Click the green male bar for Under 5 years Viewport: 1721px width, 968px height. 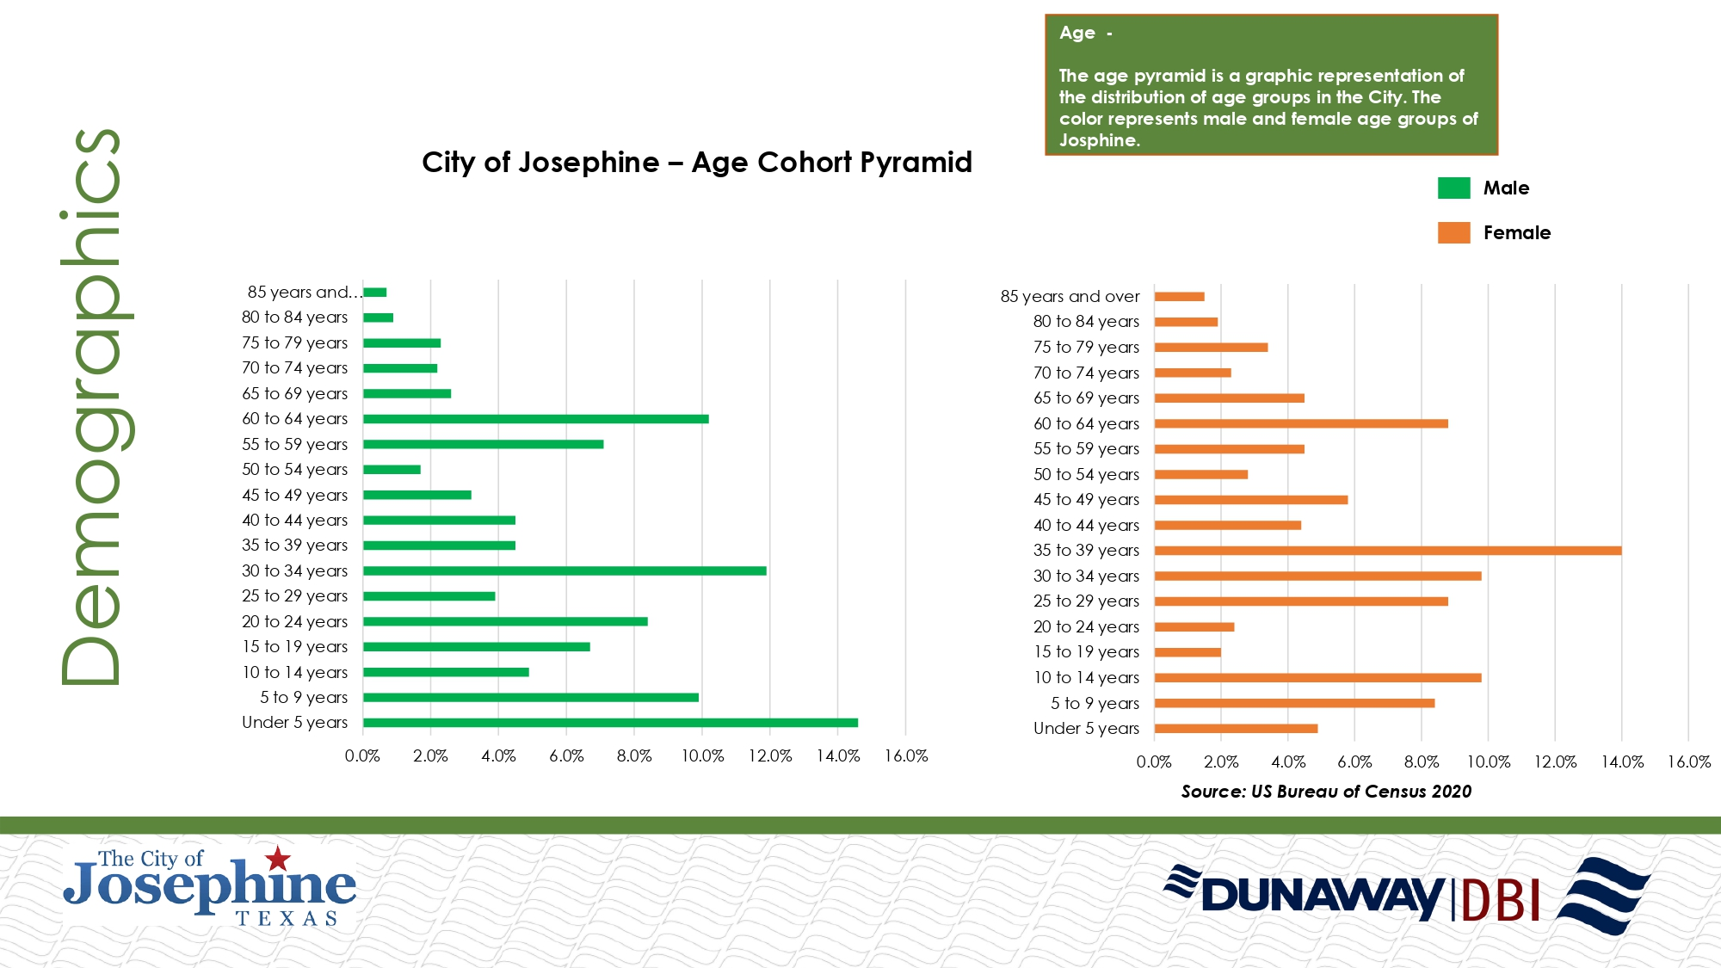tap(610, 723)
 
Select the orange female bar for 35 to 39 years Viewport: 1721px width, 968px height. tap(1387, 551)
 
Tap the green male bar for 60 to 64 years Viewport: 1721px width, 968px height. tap(535, 419)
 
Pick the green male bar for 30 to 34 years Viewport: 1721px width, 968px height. tap(564, 570)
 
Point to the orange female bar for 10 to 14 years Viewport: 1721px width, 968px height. tap(1317, 678)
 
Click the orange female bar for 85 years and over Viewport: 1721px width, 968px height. tap(1179, 297)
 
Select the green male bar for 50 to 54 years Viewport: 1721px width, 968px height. tap(392, 470)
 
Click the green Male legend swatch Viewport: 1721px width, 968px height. tap(1453, 188)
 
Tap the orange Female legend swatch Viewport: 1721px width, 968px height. tap(1453, 232)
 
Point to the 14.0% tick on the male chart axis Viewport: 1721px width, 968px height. tap(837, 756)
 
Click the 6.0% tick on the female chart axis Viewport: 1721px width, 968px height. tap(1354, 762)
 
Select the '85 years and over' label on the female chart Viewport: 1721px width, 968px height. tap(1070, 297)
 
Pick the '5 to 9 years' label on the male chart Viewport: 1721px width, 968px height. tap(304, 698)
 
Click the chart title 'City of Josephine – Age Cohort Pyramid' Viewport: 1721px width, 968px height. tap(696, 163)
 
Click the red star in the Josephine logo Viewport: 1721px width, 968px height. tap(277, 858)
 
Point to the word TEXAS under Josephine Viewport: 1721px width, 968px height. tap(287, 919)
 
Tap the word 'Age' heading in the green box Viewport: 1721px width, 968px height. tap(1076, 33)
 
